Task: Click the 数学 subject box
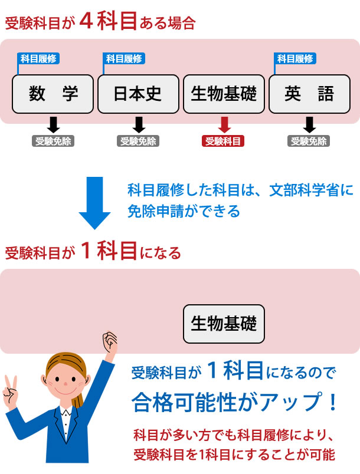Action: tap(53, 94)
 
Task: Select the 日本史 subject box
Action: tap(138, 94)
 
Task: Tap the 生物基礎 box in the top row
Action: tap(224, 94)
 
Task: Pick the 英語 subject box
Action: tap(309, 94)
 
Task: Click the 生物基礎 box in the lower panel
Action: tap(224, 324)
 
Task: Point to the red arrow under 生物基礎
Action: tap(224, 124)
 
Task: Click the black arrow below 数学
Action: tap(53, 124)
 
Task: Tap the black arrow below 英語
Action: tap(309, 124)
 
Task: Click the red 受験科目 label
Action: tap(224, 141)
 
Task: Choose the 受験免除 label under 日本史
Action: tap(138, 141)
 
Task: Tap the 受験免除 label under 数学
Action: tap(53, 141)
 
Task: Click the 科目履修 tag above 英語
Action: tap(295, 58)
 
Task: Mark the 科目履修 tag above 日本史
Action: tap(124, 58)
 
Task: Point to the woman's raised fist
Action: tap(109, 341)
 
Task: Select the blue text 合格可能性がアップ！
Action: tap(235, 403)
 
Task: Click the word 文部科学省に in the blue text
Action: tap(312, 190)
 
